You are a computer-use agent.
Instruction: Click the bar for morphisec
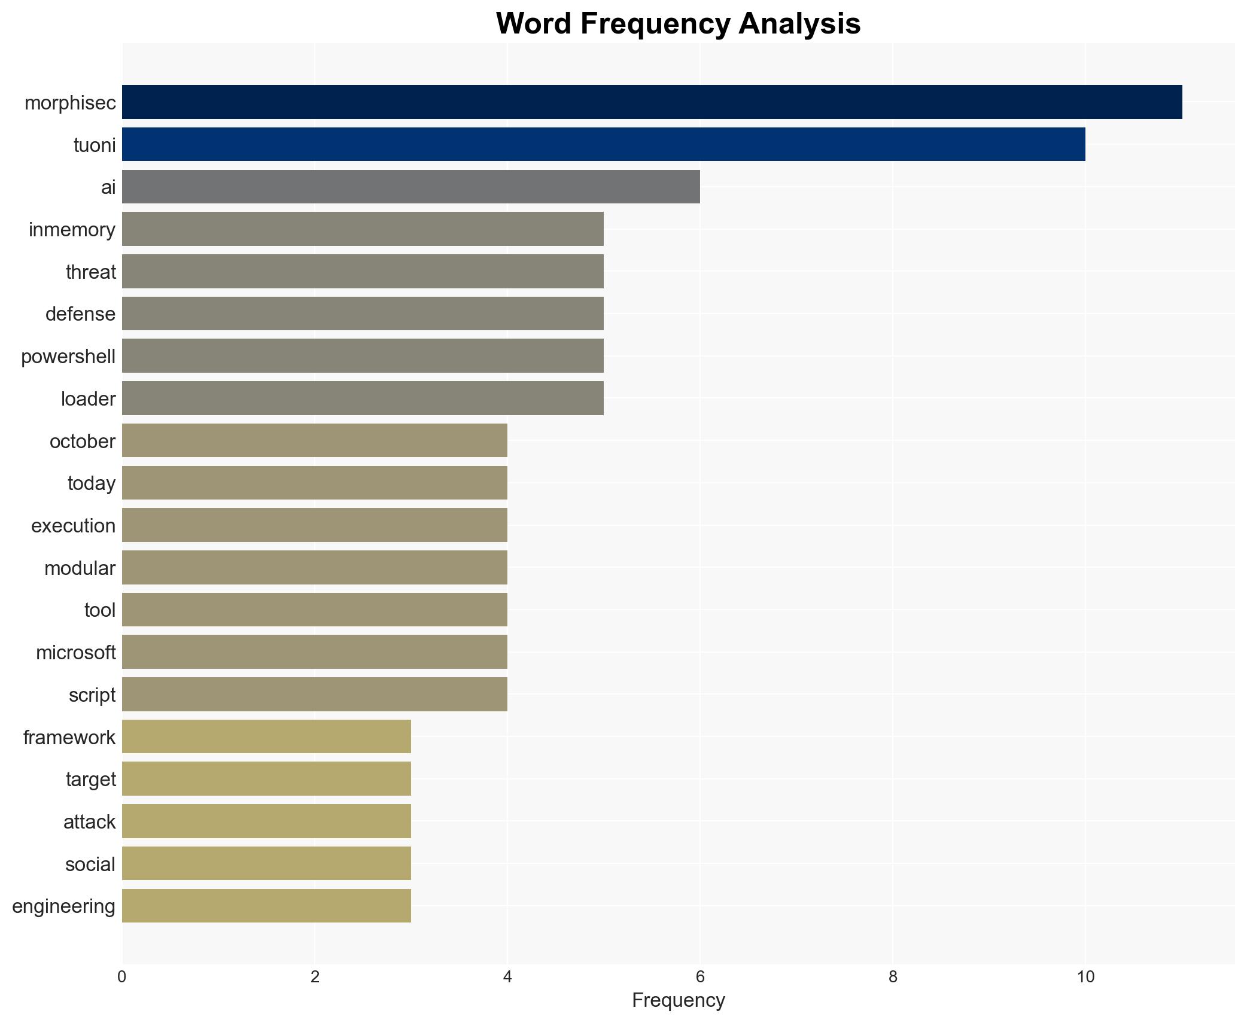coord(652,102)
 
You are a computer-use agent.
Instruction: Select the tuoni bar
coord(603,144)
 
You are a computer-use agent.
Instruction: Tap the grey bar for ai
coord(410,187)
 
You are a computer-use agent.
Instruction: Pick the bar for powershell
coord(363,356)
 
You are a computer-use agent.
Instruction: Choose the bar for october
coord(314,441)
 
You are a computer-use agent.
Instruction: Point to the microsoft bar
coord(314,652)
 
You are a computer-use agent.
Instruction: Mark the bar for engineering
coord(266,906)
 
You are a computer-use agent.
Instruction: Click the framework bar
coord(266,737)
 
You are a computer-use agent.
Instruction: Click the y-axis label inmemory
coord(72,230)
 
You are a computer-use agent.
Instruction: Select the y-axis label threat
coord(90,272)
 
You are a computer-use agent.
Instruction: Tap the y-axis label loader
coord(88,399)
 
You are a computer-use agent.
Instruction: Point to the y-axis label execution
coord(73,526)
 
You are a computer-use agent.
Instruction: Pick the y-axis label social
coord(90,864)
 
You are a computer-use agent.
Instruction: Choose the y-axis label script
coord(92,695)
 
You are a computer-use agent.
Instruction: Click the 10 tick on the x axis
coord(1085,977)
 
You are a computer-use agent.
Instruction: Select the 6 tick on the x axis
coord(699,977)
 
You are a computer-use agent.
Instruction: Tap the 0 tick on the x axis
coord(122,977)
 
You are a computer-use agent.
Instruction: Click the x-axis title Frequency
coord(678,1000)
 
